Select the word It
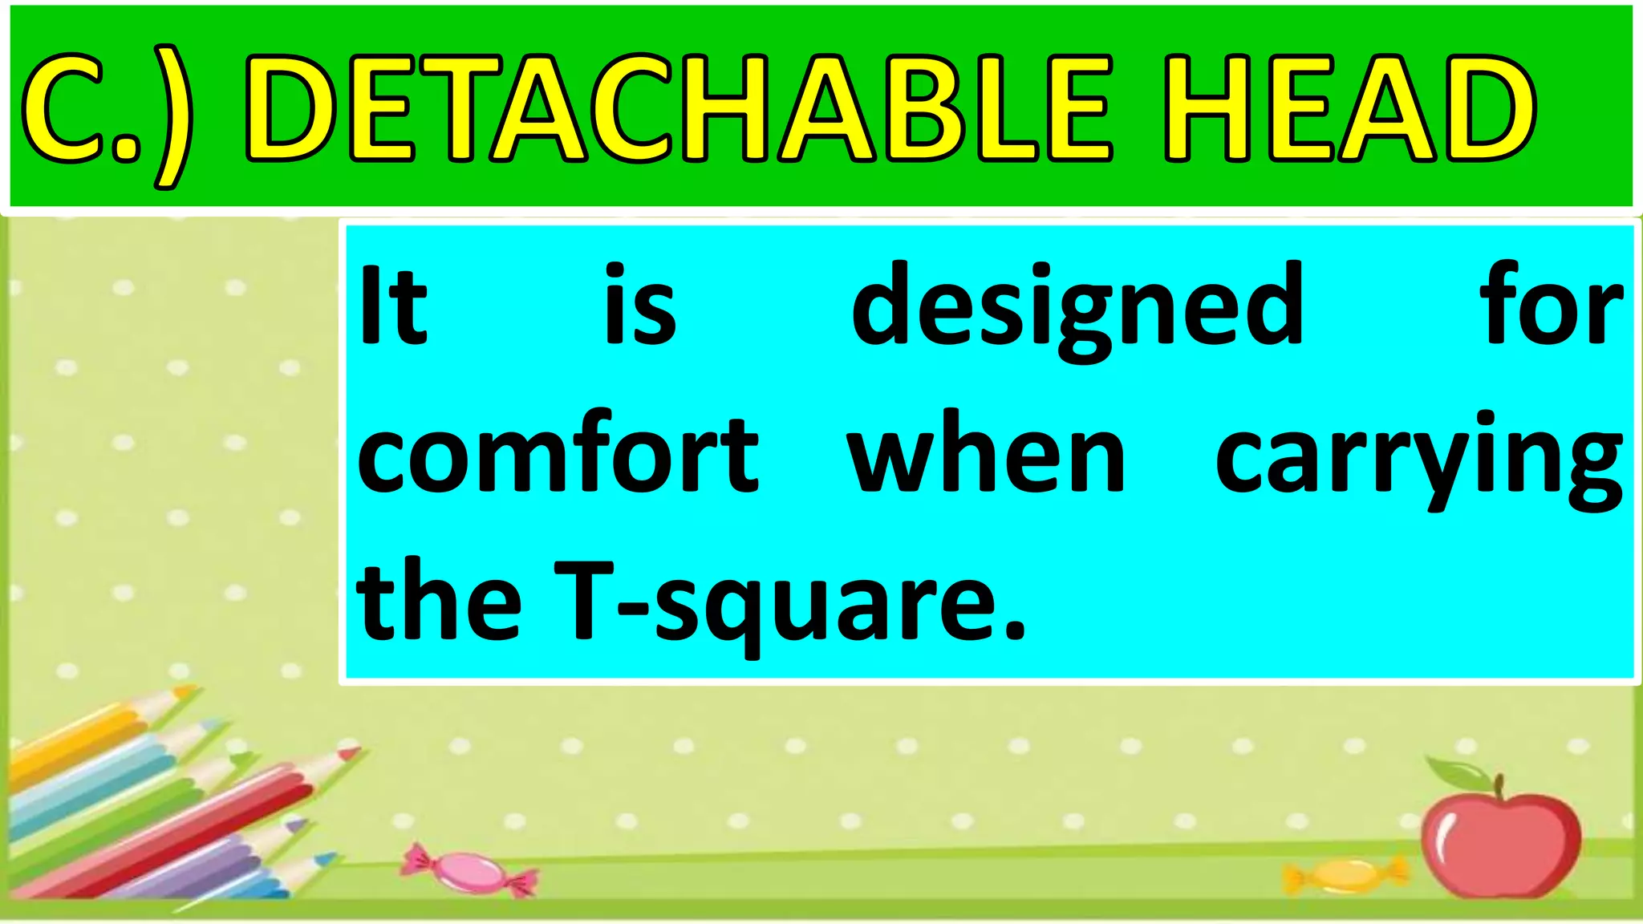pyautogui.click(x=392, y=305)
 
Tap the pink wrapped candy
pyautogui.click(x=469, y=871)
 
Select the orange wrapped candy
pyautogui.click(x=1347, y=874)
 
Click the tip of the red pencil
pyautogui.click(x=353, y=752)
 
